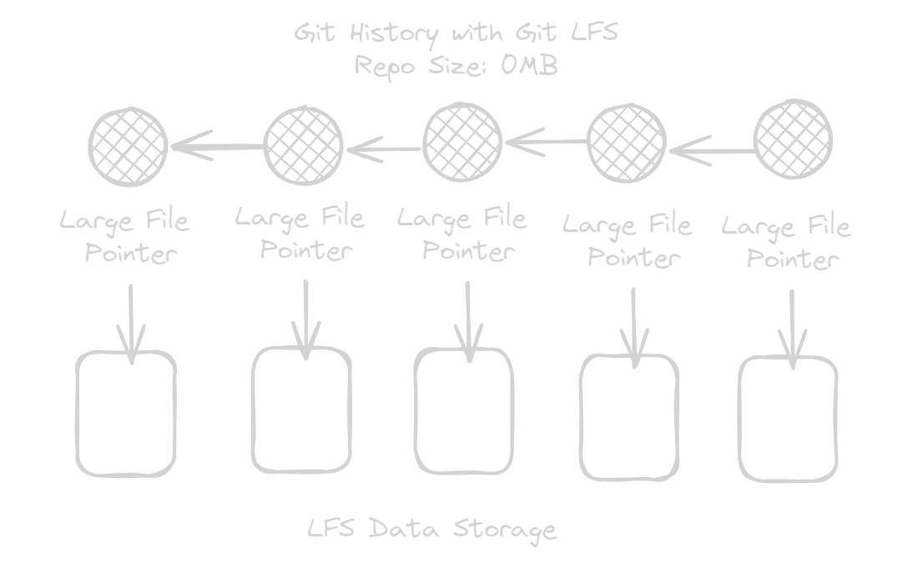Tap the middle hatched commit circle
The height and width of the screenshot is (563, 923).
click(463, 141)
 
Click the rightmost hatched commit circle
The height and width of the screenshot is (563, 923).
click(793, 139)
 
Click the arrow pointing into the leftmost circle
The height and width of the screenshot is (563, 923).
click(217, 148)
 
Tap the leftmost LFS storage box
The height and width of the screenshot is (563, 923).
click(127, 414)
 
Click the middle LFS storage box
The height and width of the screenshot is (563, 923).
click(464, 410)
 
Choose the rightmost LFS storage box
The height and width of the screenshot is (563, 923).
click(788, 419)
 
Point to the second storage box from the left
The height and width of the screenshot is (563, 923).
click(301, 410)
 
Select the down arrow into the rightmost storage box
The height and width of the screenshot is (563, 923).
click(792, 327)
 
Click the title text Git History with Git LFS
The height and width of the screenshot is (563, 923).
click(456, 35)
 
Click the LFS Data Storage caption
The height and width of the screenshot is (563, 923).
click(431, 529)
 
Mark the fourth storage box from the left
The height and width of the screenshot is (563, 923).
click(629, 417)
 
